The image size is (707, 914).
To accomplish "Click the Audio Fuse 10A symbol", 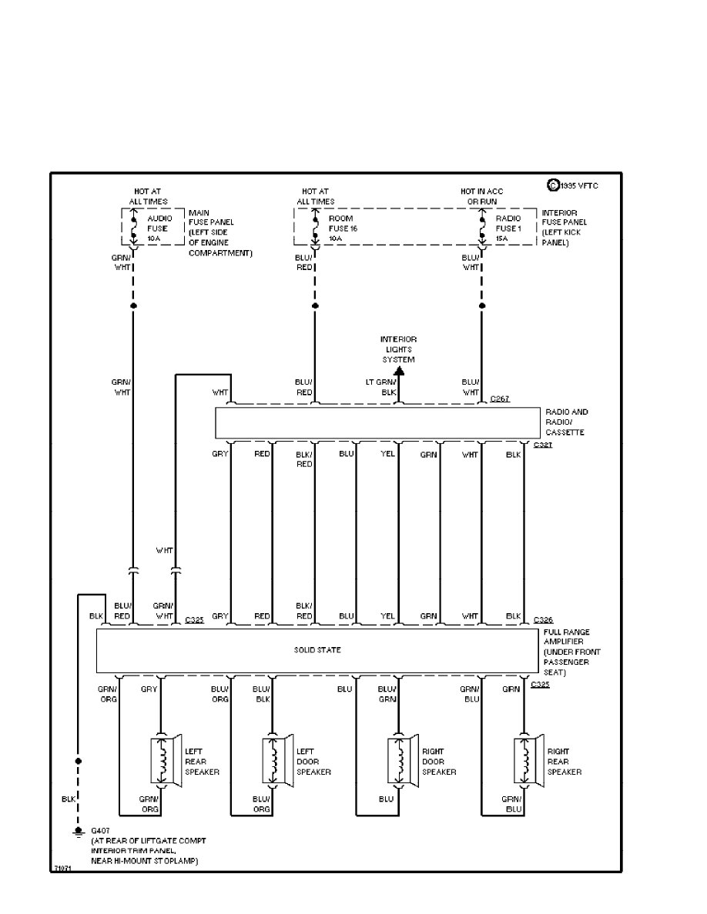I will point(133,228).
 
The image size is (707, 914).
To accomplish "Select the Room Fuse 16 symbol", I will point(314,228).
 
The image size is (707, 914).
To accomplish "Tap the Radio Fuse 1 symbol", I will point(482,228).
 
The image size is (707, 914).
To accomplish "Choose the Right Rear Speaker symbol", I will point(527,762).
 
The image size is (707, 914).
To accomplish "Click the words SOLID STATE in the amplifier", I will point(317,650).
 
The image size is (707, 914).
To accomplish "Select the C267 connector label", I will point(500,399).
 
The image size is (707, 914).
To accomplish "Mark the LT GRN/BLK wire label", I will point(380,387).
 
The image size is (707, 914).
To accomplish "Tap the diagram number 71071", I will point(62,867).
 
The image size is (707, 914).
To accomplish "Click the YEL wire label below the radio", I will point(387,454).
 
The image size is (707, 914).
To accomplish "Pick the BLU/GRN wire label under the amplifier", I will point(387,694).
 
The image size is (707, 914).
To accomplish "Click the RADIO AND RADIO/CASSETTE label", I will point(566,422).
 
